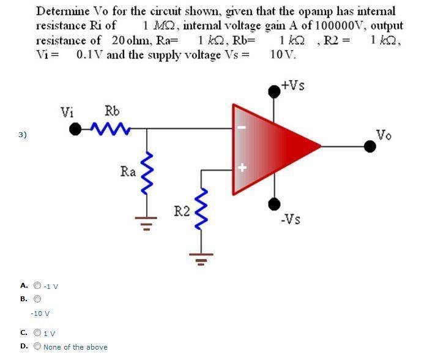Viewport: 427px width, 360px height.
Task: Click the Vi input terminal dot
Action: pyautogui.click(x=75, y=129)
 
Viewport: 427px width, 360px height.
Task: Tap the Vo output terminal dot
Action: pyautogui.click(x=370, y=146)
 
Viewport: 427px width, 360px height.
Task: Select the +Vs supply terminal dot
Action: pyautogui.click(x=274, y=91)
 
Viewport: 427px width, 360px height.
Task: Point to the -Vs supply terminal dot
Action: pyautogui.click(x=274, y=204)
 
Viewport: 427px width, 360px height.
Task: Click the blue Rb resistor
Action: pyautogui.click(x=110, y=129)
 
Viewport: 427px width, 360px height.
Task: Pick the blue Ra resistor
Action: pyautogui.click(x=147, y=173)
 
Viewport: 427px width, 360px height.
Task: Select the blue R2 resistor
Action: pyautogui.click(x=201, y=209)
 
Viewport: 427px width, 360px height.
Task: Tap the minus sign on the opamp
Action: pyautogui.click(x=243, y=127)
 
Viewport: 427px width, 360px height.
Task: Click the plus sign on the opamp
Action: pyautogui.click(x=243, y=167)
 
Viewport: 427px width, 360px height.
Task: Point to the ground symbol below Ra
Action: pyautogui.click(x=146, y=223)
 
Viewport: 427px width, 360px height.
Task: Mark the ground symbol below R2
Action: pyautogui.click(x=201, y=259)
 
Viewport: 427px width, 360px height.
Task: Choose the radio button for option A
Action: pyautogui.click(x=37, y=285)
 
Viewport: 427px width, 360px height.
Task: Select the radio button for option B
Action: pyautogui.click(x=37, y=299)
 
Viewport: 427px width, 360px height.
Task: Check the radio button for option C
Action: pyautogui.click(x=37, y=332)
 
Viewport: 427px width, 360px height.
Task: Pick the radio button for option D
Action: pyautogui.click(x=37, y=346)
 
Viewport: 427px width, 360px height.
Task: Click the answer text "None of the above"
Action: pyautogui.click(x=75, y=347)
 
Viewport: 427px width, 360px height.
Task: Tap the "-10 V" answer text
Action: pyautogui.click(x=40, y=313)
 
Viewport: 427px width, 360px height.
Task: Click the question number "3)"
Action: pyautogui.click(x=23, y=135)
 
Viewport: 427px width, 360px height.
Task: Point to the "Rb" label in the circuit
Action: pyautogui.click(x=112, y=111)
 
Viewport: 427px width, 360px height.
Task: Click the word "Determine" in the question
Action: pyautogui.click(x=63, y=12)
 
